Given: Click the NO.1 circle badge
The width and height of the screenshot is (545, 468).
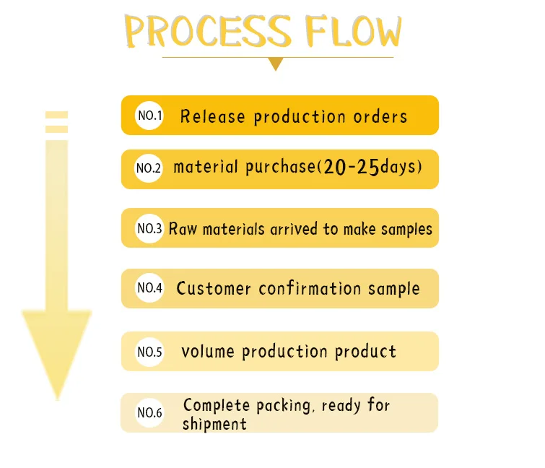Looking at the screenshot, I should tap(149, 116).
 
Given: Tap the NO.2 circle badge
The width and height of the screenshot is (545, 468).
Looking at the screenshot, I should tap(149, 168).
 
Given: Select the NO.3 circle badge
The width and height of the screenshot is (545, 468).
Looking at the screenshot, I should tap(149, 229).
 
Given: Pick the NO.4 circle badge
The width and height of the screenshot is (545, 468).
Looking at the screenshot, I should tap(149, 288).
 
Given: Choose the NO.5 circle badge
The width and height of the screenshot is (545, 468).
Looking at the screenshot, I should tap(149, 352).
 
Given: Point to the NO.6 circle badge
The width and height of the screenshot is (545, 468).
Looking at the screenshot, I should tap(149, 413).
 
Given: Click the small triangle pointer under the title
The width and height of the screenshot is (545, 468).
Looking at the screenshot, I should tap(275, 64).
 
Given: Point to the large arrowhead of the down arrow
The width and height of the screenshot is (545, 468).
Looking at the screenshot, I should tap(56, 347).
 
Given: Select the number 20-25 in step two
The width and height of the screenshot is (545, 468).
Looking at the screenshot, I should tap(352, 168).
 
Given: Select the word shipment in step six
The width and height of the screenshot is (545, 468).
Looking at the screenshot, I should tap(214, 424).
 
